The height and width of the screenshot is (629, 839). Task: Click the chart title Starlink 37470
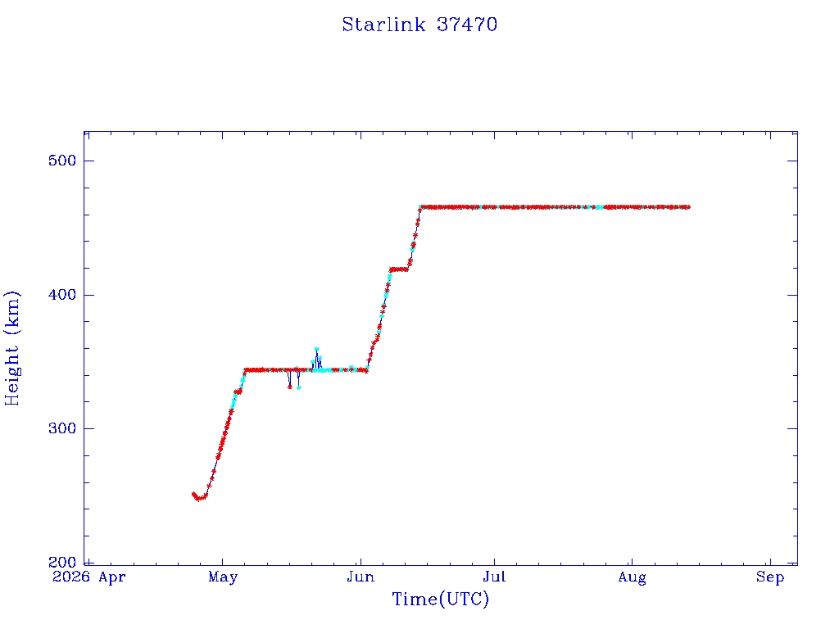419,25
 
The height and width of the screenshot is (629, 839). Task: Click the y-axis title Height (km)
11,348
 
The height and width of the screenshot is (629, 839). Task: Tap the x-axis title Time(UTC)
440,599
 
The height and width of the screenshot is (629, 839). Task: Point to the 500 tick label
62,161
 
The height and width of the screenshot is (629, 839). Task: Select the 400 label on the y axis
62,295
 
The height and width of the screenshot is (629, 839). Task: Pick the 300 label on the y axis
62,428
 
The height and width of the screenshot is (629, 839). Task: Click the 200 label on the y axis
62,562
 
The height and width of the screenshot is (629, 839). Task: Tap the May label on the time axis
223,577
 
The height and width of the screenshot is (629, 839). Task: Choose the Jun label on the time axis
361,577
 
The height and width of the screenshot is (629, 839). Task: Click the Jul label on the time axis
494,577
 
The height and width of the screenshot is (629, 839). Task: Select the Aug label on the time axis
632,577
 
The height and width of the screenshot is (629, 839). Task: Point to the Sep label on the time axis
770,577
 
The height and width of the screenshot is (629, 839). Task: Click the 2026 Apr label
88,577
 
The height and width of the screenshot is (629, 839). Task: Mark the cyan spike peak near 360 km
316,349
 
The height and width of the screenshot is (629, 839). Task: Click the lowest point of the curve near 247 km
198,499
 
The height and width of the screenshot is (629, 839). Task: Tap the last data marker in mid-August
688,207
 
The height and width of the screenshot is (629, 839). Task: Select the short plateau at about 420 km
399,269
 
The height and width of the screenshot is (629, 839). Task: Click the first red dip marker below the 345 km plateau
289,387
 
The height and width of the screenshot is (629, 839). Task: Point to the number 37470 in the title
466,25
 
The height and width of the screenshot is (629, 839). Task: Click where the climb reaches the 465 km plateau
420,207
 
